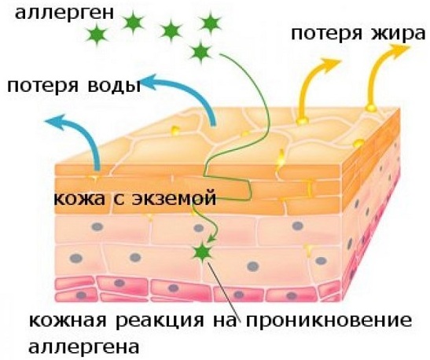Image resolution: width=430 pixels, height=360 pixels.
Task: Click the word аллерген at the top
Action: (64, 13)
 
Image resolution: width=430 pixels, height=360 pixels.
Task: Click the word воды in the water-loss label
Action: (114, 86)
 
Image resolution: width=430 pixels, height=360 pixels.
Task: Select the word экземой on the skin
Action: (175, 198)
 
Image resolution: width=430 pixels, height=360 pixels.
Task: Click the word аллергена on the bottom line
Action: (84, 347)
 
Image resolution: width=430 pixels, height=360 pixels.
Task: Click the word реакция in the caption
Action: (160, 321)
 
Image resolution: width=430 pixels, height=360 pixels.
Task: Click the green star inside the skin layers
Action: (202, 252)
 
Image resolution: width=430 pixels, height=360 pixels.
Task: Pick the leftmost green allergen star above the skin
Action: (97, 35)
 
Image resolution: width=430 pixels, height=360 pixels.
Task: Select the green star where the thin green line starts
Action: (201, 52)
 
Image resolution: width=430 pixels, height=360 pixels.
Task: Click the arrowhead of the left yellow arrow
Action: (331, 64)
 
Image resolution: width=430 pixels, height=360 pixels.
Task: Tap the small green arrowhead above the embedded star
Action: (211, 238)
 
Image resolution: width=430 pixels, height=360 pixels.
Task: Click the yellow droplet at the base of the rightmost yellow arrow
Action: (371, 108)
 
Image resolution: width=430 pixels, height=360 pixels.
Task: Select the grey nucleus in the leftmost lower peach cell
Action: (76, 258)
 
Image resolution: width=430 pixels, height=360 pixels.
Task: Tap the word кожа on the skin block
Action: (79, 198)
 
